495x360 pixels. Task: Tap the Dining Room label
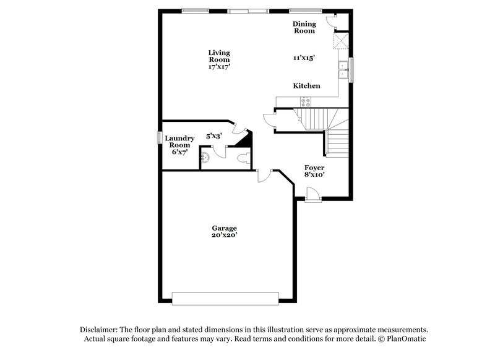click(304, 27)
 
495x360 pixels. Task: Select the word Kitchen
click(306, 86)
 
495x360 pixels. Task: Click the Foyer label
click(314, 168)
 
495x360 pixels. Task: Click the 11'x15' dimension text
click(304, 58)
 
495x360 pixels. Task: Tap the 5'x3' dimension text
click(213, 135)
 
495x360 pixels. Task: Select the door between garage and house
click(264, 176)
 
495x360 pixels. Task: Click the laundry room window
click(159, 137)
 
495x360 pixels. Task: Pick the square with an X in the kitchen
click(340, 41)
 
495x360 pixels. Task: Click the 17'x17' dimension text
click(219, 66)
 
